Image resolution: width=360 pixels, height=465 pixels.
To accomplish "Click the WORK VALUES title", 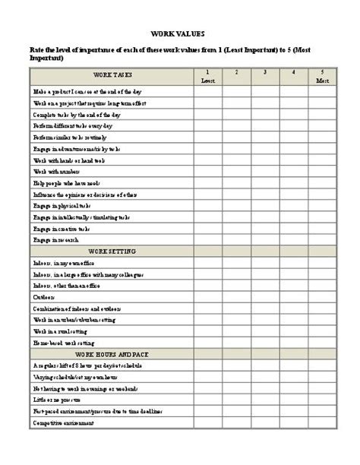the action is pos(180,34).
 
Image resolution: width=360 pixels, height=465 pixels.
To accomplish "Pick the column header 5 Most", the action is pos(323,76).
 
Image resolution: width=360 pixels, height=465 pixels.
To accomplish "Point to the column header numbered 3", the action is pos(265,73).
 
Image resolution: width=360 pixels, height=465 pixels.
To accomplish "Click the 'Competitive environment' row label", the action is pos(64,422).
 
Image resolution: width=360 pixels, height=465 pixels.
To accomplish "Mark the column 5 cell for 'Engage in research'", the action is pos(323,239).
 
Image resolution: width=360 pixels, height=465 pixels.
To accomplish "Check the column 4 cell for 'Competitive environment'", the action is pos(294,422).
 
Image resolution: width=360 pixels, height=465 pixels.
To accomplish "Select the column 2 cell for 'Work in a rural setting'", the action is pos(236,332).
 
